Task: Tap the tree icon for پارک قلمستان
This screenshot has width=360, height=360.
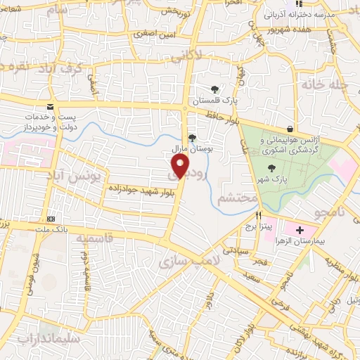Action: [214, 89]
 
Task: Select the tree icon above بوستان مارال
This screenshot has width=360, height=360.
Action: [193, 139]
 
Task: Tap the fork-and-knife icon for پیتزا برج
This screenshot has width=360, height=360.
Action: [259, 217]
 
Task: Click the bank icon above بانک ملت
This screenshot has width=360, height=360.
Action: [50, 218]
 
